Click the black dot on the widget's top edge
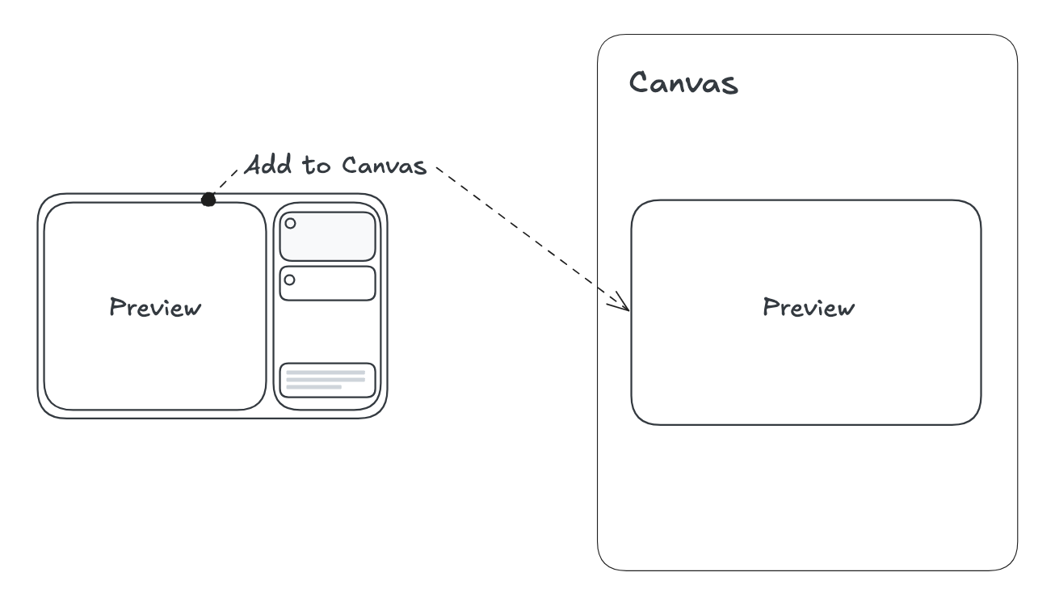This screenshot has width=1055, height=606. pos(208,199)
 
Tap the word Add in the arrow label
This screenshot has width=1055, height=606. pos(268,166)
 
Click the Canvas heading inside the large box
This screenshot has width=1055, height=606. pos(683,82)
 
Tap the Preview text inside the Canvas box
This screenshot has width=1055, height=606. pos(808,307)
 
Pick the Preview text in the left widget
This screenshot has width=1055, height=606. pos(154,308)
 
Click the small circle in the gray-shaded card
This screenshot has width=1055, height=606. pos(291,223)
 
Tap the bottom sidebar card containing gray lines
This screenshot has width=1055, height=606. pos(327,380)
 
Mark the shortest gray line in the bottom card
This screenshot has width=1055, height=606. pos(313,388)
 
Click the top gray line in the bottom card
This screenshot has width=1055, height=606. pos(326,372)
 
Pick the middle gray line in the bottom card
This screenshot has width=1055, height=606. pos(326,380)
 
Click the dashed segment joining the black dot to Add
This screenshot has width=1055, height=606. pos(226,183)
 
